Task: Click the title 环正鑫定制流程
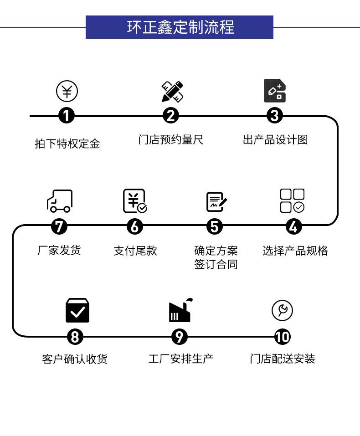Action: point(180,27)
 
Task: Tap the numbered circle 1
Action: point(67,116)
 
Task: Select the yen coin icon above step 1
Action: point(67,91)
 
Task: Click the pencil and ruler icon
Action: point(172,92)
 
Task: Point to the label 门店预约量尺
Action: point(170,139)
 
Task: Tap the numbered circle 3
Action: point(274,116)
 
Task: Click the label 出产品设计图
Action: point(275,139)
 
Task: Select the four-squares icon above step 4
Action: point(292,201)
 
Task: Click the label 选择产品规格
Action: point(295,251)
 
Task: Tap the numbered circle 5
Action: point(215,226)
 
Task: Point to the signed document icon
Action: point(216,202)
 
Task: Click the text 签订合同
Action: point(216,265)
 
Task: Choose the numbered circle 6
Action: point(134,226)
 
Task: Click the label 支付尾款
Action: point(135,251)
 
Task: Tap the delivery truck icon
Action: point(60,201)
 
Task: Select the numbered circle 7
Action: point(59,226)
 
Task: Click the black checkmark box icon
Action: point(77,310)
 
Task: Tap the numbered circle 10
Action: point(282,337)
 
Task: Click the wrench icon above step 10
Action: point(282,311)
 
